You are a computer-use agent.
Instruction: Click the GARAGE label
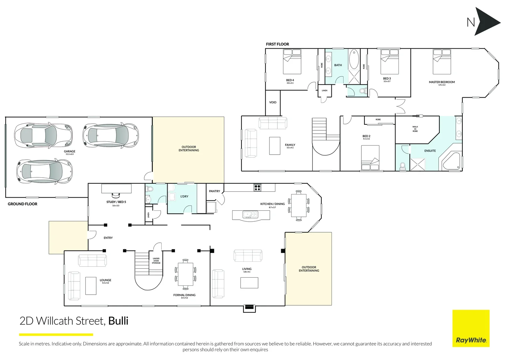point(70,151)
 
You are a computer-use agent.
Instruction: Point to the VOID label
point(273,102)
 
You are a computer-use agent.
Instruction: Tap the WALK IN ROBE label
point(415,129)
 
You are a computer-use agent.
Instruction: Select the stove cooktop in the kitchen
point(257,187)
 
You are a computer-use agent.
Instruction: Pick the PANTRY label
point(215,191)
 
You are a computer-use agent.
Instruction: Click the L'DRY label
point(184,197)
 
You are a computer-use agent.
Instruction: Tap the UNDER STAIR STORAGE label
point(156,261)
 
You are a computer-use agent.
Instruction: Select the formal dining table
point(185,274)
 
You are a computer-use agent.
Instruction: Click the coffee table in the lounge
point(91,286)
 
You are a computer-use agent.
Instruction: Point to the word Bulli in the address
point(118,321)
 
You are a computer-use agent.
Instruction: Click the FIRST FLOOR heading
point(277,44)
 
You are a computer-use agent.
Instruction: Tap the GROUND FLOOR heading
point(23,204)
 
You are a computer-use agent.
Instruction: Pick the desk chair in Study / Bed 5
point(116,195)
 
